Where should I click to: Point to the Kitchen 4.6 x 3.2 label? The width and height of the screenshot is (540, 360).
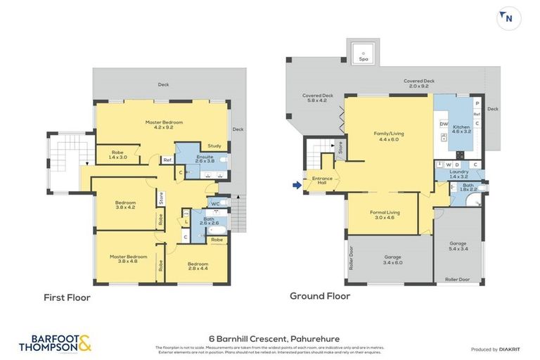click(462, 129)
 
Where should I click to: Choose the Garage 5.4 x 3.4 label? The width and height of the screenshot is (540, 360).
click(458, 246)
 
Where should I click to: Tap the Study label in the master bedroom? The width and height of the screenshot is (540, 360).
click(214, 146)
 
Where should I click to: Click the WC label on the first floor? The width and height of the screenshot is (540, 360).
click(215, 205)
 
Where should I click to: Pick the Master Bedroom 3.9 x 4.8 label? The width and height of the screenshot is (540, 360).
click(128, 259)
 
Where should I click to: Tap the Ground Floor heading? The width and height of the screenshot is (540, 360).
click(320, 296)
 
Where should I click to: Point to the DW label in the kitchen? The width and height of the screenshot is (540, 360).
click(444, 124)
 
